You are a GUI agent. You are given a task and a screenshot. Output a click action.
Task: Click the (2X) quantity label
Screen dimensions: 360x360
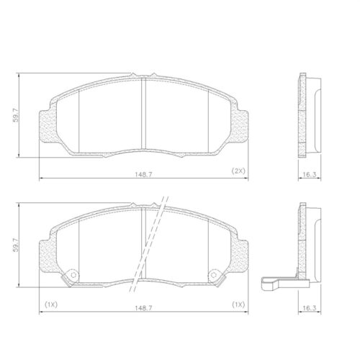coord(238,171)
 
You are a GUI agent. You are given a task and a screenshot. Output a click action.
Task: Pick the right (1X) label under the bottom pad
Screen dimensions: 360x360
coord(238,305)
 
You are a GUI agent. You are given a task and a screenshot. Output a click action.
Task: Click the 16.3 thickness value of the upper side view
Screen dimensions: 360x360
coord(309,175)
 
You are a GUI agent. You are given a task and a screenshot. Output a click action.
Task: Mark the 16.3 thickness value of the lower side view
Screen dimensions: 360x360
coord(309,307)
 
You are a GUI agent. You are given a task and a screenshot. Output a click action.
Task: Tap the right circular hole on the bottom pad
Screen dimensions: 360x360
coord(214,276)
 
